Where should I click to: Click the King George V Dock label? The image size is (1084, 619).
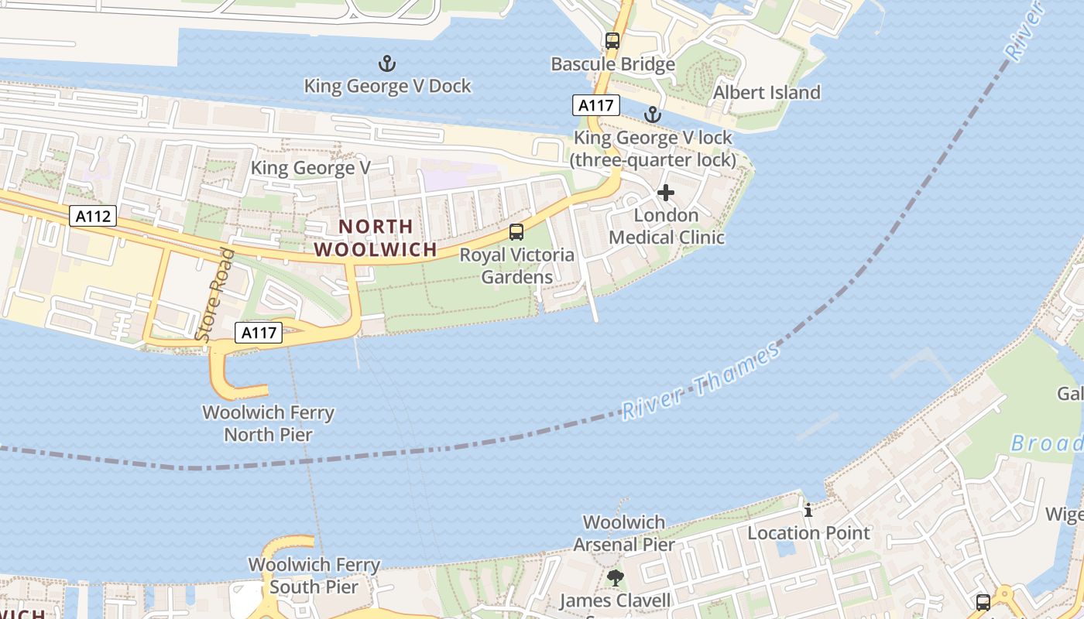(x=387, y=86)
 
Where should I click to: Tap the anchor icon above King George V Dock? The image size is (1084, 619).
(x=386, y=63)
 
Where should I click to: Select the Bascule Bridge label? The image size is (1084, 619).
(x=612, y=64)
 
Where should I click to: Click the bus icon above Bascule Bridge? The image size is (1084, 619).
(x=612, y=41)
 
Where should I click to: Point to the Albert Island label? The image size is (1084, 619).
(x=766, y=93)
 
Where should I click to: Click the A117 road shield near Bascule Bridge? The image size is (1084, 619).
(x=596, y=105)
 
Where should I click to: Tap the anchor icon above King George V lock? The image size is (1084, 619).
(x=653, y=115)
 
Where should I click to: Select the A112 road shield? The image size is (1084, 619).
(x=93, y=216)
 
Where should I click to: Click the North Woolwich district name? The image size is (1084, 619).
(x=376, y=238)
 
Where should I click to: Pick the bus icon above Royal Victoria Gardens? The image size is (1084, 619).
(x=516, y=231)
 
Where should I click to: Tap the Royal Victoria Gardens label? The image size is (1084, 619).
(x=517, y=265)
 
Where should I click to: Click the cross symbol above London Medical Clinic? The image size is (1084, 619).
(x=666, y=193)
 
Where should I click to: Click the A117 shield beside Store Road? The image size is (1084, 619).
(x=259, y=333)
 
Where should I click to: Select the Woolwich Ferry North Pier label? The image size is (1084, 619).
(x=268, y=423)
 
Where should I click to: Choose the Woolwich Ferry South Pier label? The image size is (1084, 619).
(x=314, y=576)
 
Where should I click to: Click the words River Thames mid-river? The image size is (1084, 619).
(x=701, y=381)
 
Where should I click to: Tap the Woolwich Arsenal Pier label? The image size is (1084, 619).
(x=623, y=533)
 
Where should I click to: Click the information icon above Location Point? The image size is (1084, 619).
(x=808, y=510)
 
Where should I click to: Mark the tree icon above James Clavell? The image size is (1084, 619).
(x=615, y=577)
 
